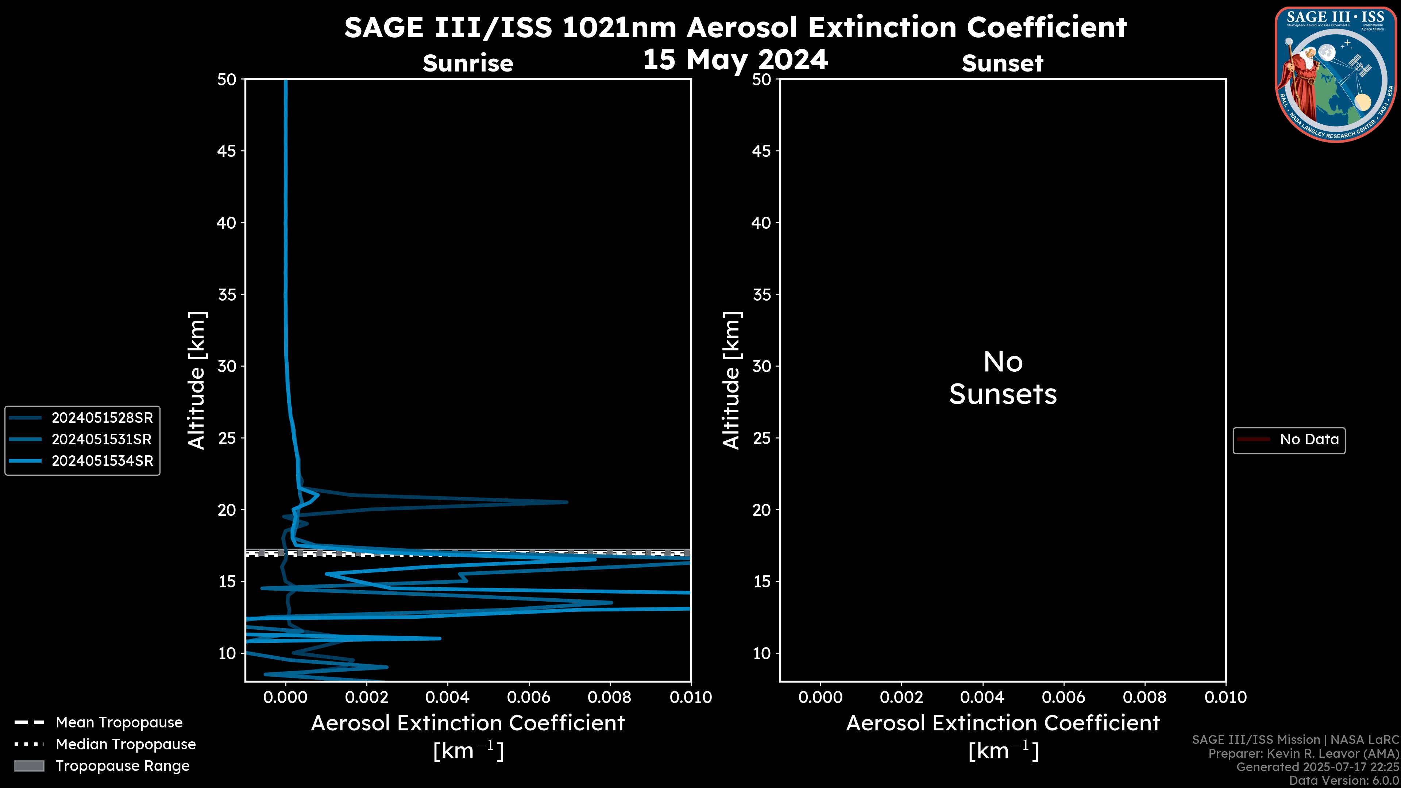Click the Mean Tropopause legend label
pyautogui.click(x=119, y=723)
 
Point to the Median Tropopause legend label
pyautogui.click(x=125, y=745)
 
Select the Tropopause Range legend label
pyautogui.click(x=122, y=766)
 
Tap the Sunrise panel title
pyautogui.click(x=468, y=63)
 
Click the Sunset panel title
pyautogui.click(x=1002, y=63)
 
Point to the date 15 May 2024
pyautogui.click(x=735, y=60)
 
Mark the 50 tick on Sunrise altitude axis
pyautogui.click(x=227, y=80)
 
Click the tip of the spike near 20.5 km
pyautogui.click(x=566, y=502)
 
